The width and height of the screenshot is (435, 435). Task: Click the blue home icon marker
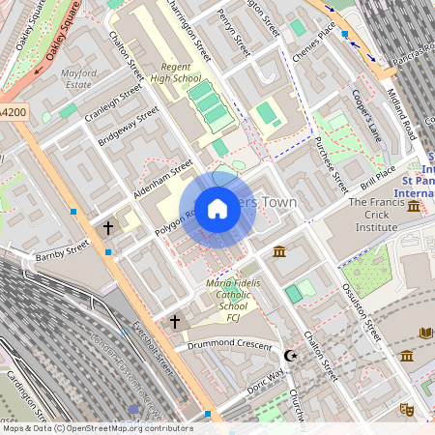[x=217, y=209]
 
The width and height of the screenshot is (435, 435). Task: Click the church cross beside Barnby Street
[x=108, y=228]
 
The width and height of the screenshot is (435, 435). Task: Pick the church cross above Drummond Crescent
[x=175, y=320]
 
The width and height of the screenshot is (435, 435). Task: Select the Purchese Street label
[x=332, y=159]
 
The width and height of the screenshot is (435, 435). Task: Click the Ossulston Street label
[x=360, y=308]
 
